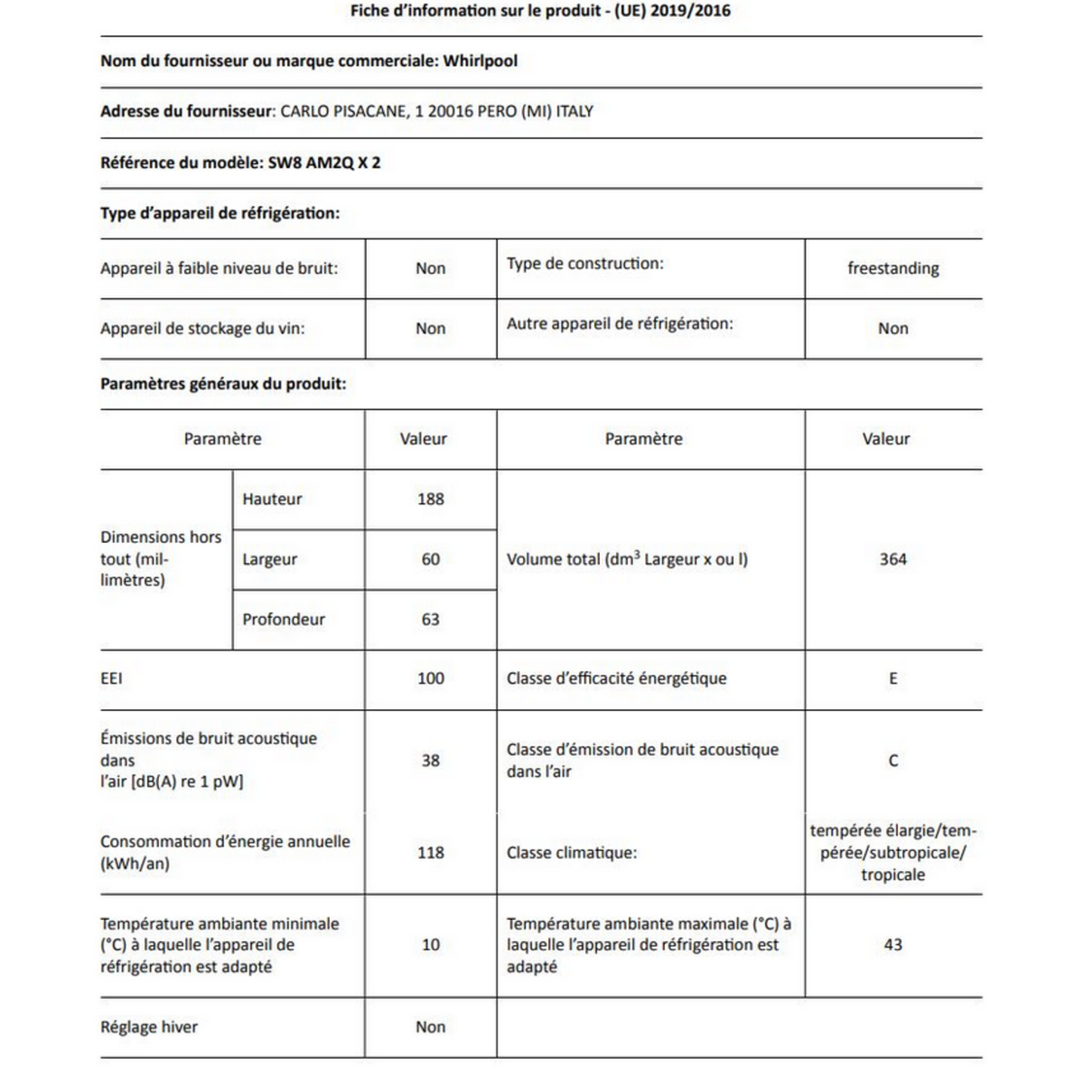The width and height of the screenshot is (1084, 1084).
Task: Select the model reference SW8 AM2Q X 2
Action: click(324, 164)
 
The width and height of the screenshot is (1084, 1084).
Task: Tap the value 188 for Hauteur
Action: click(431, 499)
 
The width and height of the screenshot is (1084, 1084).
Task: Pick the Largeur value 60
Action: click(431, 559)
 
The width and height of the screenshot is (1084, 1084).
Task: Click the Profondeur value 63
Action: click(431, 620)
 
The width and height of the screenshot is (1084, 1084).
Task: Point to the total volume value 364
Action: click(892, 559)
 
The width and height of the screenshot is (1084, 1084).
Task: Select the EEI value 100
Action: click(431, 678)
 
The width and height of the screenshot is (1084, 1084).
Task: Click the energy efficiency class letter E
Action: click(892, 678)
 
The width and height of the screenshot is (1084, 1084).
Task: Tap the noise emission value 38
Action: click(431, 761)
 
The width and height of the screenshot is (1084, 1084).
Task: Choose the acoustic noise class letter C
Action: click(892, 761)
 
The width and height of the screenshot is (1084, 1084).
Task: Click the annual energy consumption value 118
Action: click(431, 852)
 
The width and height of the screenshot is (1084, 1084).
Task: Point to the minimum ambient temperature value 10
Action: click(431, 945)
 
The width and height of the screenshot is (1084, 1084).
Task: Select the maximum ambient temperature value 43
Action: click(892, 945)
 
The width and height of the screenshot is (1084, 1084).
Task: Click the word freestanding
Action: click(892, 268)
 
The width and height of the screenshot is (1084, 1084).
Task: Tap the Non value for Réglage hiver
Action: click(431, 1027)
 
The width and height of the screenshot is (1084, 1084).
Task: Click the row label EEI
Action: click(111, 678)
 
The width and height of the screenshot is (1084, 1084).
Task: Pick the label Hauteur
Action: click(272, 499)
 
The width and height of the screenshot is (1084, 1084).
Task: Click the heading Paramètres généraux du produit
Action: click(223, 384)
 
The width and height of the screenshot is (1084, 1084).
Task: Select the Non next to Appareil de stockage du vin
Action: click(431, 329)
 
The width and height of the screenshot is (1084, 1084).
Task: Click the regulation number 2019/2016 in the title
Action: click(696, 12)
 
